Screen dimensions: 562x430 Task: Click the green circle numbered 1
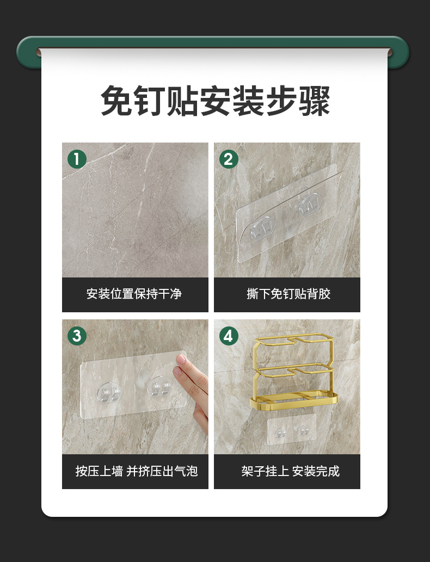77,159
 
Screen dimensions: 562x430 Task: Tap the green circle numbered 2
228,159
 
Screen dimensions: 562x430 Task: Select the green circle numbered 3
77,336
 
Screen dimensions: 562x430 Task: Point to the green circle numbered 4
228,336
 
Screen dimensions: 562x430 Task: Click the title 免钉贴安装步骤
215,101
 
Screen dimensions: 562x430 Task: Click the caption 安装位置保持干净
134,294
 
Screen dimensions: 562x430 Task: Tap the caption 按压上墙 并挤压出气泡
136,471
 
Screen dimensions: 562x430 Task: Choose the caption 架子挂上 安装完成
290,471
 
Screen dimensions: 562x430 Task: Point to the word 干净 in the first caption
170,294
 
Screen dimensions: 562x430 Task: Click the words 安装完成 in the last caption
316,471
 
